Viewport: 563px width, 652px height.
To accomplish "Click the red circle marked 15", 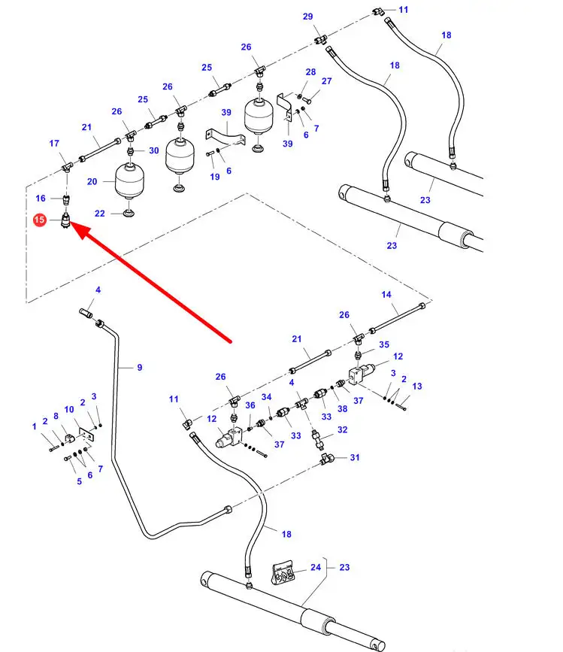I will (40, 220).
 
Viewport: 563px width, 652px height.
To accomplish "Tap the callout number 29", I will (307, 17).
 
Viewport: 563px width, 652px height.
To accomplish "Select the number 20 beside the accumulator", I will (92, 181).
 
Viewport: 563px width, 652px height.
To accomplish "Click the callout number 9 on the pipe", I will (139, 367).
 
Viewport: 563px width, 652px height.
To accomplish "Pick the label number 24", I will (316, 568).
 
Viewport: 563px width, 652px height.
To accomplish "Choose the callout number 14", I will (386, 294).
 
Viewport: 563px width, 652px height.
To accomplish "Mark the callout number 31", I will (355, 457).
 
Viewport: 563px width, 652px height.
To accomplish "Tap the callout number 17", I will (54, 143).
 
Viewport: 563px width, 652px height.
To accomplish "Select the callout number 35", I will (384, 344).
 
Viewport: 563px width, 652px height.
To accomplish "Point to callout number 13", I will (417, 386).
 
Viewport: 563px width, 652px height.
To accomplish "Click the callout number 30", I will (153, 150).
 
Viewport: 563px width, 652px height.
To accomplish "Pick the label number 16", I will (41, 198).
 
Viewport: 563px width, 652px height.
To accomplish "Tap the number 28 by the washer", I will (310, 71).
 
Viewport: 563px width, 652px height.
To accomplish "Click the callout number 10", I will (68, 409).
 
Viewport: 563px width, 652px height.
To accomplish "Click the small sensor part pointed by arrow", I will (67, 222).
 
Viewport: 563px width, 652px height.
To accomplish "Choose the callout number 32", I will (343, 430).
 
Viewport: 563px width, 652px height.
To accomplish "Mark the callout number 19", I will (215, 177).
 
